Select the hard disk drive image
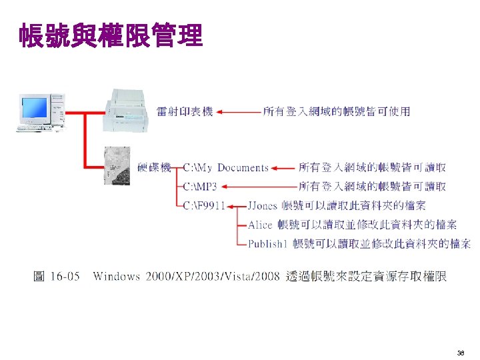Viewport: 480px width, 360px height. coord(119,167)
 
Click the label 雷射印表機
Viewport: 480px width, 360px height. coord(185,111)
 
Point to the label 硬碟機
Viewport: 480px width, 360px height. coord(154,167)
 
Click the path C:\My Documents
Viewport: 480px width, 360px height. coord(226,167)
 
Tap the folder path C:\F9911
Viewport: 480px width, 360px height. coord(204,205)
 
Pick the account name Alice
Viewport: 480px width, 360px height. coord(260,225)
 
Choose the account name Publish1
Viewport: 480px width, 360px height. coord(267,244)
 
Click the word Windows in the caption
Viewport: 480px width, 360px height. coord(117,276)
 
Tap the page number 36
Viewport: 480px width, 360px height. coord(461,352)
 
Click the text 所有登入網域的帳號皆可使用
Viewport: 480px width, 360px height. coord(337,111)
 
